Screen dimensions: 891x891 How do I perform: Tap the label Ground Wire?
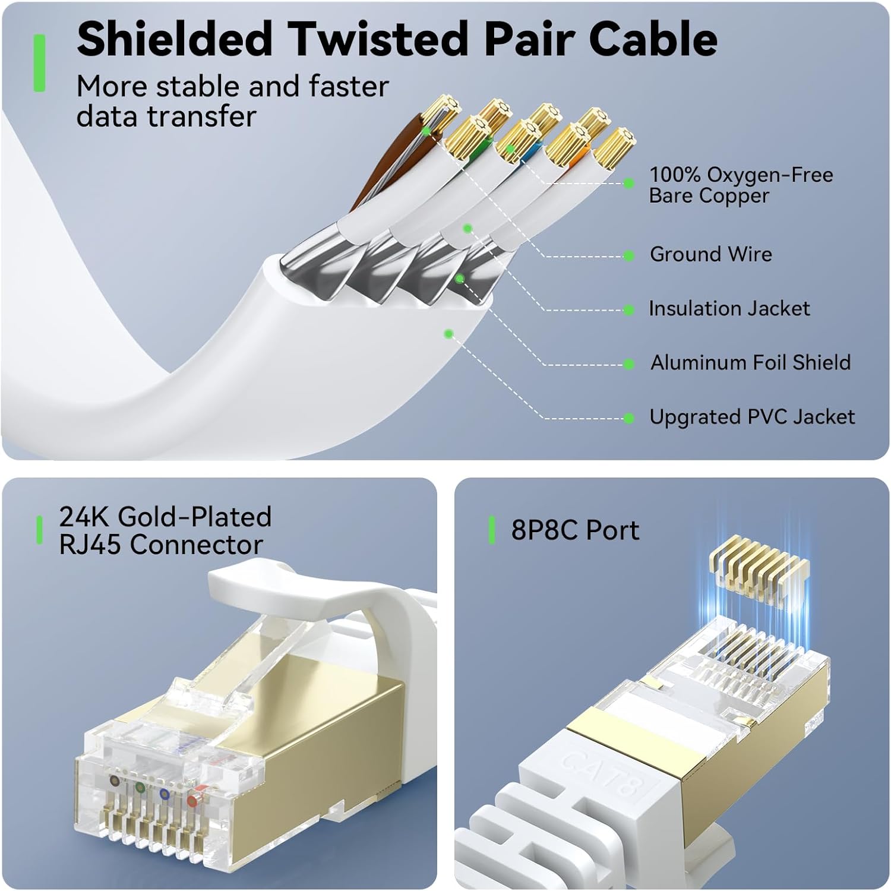[710, 254]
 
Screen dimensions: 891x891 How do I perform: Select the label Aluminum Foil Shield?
[750, 362]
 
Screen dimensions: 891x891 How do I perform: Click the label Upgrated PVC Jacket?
[752, 417]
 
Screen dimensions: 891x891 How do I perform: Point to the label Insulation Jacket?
[729, 308]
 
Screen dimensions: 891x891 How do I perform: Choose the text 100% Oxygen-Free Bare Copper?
[741, 185]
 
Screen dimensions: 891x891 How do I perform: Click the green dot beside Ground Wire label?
[629, 256]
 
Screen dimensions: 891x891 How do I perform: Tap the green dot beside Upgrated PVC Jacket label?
[629, 419]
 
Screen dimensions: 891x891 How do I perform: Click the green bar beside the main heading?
[39, 63]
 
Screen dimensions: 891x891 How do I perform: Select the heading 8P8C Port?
[575, 530]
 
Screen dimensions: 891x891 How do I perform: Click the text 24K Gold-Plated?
[165, 517]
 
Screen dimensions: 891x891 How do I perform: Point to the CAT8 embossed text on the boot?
[600, 776]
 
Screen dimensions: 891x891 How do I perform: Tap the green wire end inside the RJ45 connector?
[140, 788]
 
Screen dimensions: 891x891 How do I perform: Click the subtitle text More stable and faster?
[232, 87]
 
